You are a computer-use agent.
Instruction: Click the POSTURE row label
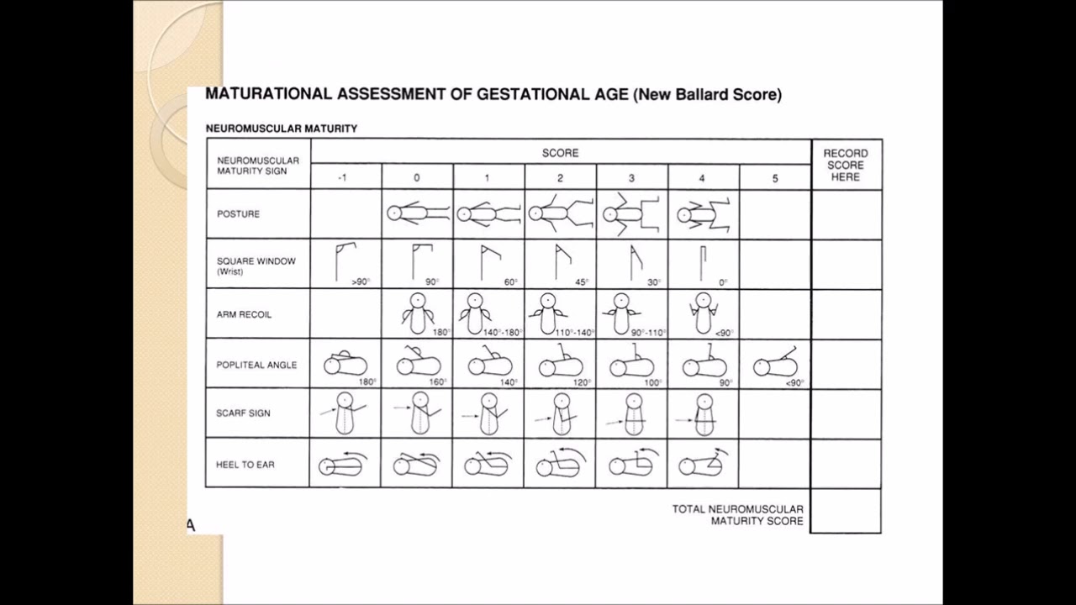pyautogui.click(x=238, y=214)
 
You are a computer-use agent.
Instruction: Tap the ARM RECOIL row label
pyautogui.click(x=244, y=314)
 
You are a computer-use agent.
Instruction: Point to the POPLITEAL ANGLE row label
pyautogui.click(x=256, y=366)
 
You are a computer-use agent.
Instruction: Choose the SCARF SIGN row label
pyautogui.click(x=243, y=413)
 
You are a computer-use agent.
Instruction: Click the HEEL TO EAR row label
pyautogui.click(x=245, y=465)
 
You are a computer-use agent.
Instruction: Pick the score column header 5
pyautogui.click(x=775, y=178)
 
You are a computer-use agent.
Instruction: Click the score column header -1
pyautogui.click(x=342, y=178)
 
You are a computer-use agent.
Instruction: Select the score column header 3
pyautogui.click(x=631, y=178)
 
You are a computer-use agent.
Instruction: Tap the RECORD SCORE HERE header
pyautogui.click(x=846, y=165)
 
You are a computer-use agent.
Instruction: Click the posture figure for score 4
pyautogui.click(x=703, y=214)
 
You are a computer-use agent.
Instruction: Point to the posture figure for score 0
pyautogui.click(x=417, y=213)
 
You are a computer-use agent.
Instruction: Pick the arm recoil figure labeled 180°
pyautogui.click(x=418, y=313)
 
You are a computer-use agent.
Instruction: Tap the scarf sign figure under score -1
pyautogui.click(x=344, y=413)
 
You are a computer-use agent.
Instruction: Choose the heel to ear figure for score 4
pyautogui.click(x=703, y=464)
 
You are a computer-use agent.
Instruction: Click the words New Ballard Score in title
pyautogui.click(x=709, y=95)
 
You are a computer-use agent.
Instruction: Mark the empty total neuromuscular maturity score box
pyautogui.click(x=846, y=511)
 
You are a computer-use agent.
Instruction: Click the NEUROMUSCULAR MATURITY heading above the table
pyautogui.click(x=282, y=129)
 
